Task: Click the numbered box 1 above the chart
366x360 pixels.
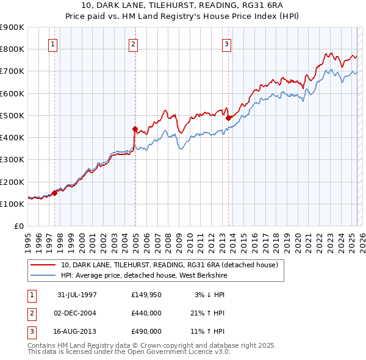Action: [54, 44]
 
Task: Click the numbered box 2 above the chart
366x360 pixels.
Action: [134, 44]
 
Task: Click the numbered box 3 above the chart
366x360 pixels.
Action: [226, 44]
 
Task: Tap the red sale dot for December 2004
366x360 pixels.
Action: [135, 128]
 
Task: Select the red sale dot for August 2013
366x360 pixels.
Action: [228, 118]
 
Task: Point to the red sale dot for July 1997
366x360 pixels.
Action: [54, 193]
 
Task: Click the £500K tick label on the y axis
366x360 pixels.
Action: [12, 115]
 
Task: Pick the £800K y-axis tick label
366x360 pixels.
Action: [12, 49]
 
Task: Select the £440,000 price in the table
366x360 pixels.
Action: [146, 313]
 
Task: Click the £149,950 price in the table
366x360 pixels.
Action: [146, 295]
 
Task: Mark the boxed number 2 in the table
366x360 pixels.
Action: [30, 313]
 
